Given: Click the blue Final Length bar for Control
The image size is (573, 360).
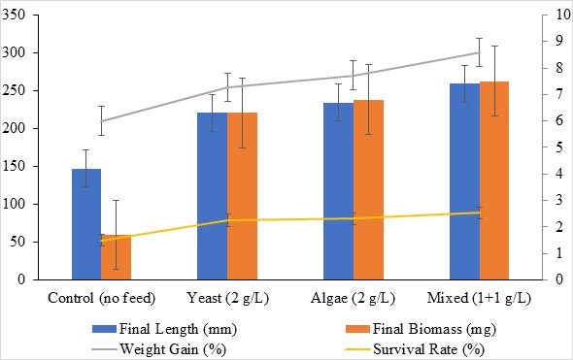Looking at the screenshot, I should pyautogui.click(x=85, y=224).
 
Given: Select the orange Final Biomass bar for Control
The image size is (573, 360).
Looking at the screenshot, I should pyautogui.click(x=116, y=257).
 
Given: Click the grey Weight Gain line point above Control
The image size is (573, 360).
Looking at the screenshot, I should pyautogui.click(x=101, y=120).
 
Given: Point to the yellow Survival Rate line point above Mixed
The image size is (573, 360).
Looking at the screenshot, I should pyautogui.click(x=480, y=213).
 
